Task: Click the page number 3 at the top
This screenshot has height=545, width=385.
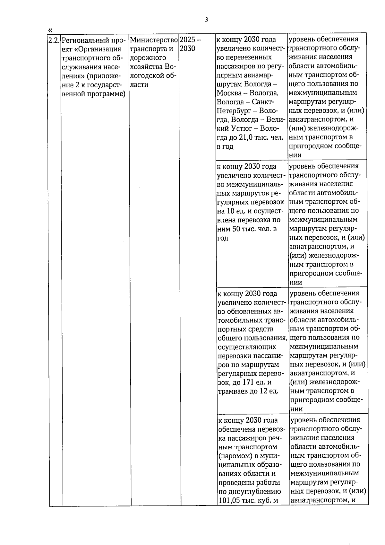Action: click(x=206, y=20)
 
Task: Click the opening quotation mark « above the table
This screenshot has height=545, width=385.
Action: click(x=50, y=30)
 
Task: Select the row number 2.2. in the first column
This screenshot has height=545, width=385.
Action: click(x=54, y=40)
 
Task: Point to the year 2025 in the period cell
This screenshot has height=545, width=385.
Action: click(x=187, y=40)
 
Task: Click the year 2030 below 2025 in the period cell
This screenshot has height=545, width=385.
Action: click(x=187, y=49)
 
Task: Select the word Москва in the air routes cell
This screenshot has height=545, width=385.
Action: click(x=229, y=93)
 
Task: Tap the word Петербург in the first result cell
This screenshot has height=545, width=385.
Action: click(x=232, y=111)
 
